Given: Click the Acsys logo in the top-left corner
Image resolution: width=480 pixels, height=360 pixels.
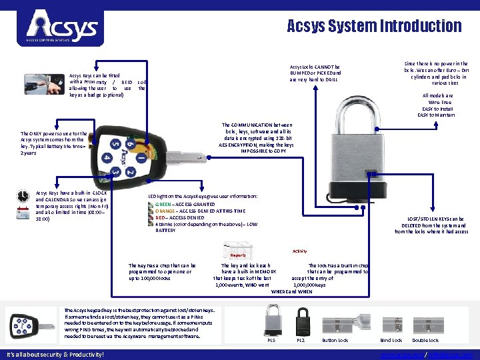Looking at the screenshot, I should coord(61,27).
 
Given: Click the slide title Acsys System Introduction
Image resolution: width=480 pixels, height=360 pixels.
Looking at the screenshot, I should coord(373,26).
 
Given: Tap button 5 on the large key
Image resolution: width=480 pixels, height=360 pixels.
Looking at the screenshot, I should coord(115,145).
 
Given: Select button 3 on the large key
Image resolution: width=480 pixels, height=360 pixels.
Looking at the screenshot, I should coord(116,172).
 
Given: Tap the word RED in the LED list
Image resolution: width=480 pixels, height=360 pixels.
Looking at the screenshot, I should coord(160,217).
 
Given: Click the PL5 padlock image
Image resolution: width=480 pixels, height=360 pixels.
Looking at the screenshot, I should coord(272,319).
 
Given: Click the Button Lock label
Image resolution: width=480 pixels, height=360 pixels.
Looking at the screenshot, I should coord(335,340).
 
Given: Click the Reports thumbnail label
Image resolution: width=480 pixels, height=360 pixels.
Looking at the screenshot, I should coord(237,255).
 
